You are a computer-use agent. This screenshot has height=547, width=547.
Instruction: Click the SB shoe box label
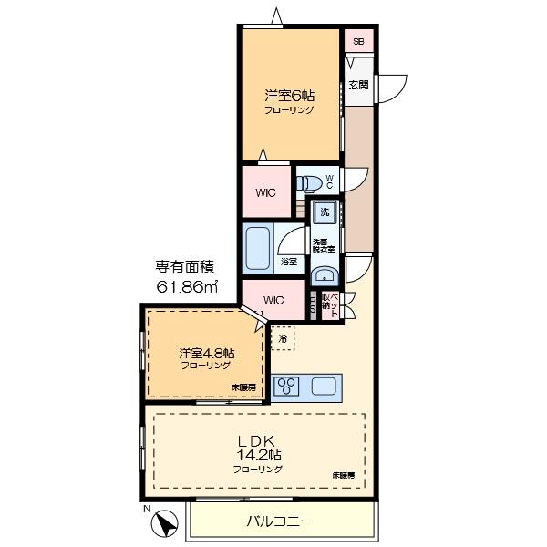358,42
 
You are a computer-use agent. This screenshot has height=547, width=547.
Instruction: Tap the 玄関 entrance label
357,86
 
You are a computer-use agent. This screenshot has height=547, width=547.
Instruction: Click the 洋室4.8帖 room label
205,352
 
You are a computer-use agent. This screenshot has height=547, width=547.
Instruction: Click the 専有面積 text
185,267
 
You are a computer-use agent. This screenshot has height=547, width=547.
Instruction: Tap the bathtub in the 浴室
256,248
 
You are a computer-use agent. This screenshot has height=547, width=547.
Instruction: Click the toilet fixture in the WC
311,180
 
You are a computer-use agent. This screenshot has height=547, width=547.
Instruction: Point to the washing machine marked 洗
324,213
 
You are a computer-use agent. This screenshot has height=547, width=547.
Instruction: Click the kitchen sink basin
324,386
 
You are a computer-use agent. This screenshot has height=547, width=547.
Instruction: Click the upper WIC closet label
265,192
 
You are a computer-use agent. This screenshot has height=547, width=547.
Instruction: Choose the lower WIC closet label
273,301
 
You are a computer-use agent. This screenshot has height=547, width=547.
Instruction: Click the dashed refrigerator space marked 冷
283,338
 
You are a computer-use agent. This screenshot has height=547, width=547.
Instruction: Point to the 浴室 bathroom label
287,261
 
